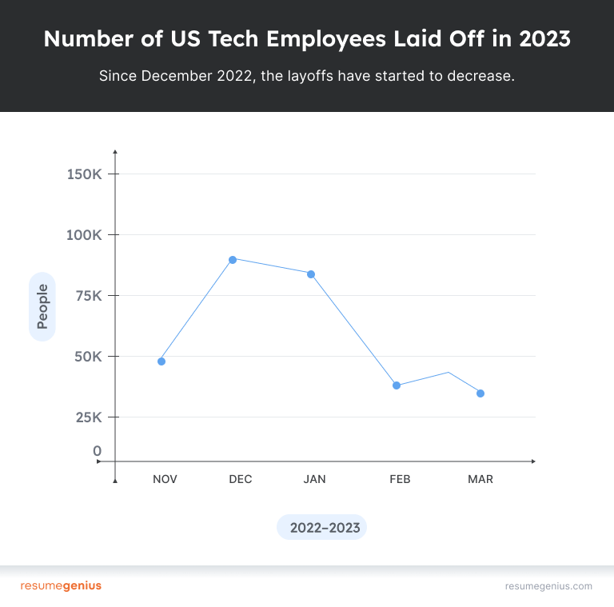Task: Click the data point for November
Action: point(161,361)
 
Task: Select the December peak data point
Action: point(233,259)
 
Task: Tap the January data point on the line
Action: point(311,274)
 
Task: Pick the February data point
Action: point(397,385)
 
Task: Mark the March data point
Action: point(480,393)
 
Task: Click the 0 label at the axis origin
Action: point(98,452)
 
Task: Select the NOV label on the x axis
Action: point(165,479)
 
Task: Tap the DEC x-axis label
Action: point(240,479)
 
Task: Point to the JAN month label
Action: point(314,479)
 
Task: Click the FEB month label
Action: point(400,479)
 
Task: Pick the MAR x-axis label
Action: point(480,479)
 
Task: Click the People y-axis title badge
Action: point(42,306)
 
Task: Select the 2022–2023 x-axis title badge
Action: point(321,528)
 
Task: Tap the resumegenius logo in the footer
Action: point(61,586)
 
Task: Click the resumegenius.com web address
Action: point(548,586)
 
